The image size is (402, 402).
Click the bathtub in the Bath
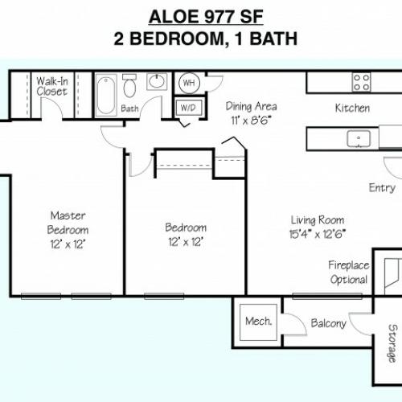(x=106, y=95)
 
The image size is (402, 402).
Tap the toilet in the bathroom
(x=129, y=85)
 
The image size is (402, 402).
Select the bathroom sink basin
(x=157, y=81)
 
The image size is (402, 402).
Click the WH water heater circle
(x=189, y=83)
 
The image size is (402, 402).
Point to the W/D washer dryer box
(x=188, y=108)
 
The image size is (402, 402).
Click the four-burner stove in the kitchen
(x=361, y=82)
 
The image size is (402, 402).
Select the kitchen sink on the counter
(x=359, y=138)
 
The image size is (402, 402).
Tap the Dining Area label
(x=251, y=106)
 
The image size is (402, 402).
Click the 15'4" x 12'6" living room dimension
(x=318, y=234)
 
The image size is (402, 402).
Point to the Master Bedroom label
(x=68, y=223)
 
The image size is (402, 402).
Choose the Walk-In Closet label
(x=52, y=86)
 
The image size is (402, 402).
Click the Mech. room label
(x=258, y=321)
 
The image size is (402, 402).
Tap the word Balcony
(x=329, y=323)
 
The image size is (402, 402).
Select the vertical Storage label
(x=392, y=343)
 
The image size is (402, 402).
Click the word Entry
(x=382, y=188)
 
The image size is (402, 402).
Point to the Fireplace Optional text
(x=349, y=273)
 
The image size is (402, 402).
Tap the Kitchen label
(x=352, y=108)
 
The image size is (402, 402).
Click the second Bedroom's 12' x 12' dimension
(x=186, y=242)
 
